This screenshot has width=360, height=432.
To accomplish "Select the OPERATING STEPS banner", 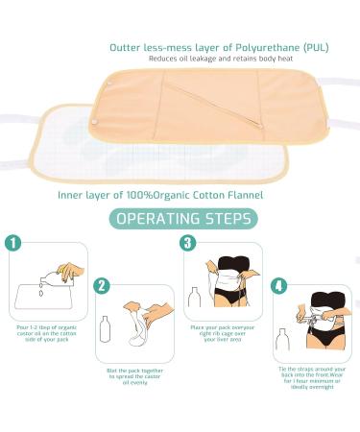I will click(180, 219).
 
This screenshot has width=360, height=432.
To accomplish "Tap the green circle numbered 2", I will click(104, 287).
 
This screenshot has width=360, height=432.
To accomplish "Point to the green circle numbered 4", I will click(277, 286).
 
